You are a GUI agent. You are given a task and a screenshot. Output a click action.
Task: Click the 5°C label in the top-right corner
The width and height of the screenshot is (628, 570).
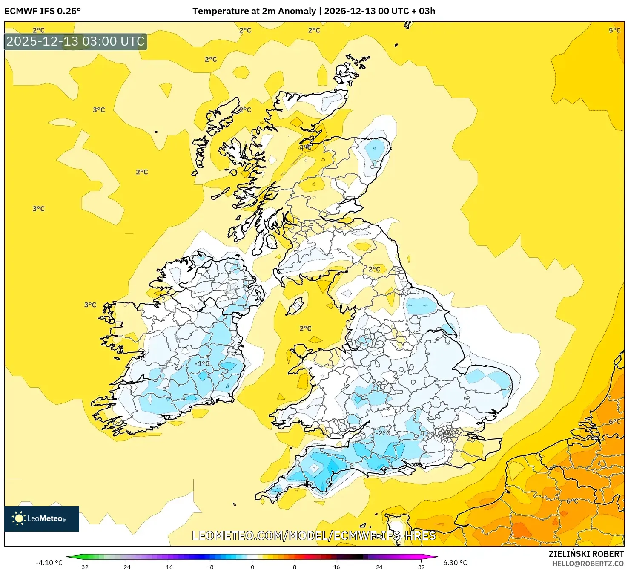614,30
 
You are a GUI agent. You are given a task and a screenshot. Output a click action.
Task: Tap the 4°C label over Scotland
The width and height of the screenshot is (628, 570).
305,147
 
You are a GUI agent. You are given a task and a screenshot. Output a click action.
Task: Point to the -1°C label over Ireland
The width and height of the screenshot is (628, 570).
202,363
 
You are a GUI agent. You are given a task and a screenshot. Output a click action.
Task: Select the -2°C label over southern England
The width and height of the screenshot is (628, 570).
382,433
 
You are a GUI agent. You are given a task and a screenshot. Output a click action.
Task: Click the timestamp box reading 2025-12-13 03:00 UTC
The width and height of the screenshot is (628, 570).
76,41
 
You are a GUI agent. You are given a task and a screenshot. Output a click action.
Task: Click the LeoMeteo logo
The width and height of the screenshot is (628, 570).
42,518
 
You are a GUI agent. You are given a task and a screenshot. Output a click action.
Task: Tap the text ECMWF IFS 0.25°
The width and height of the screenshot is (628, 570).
43,11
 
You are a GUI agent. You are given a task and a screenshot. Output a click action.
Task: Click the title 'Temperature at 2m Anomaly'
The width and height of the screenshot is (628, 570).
254,11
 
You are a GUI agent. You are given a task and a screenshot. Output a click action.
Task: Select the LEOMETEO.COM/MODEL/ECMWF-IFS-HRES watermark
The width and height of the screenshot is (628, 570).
314,535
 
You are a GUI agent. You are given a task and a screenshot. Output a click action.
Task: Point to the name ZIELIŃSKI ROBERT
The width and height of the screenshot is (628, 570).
586,554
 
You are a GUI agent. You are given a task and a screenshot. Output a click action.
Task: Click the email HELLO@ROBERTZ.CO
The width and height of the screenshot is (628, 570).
588,564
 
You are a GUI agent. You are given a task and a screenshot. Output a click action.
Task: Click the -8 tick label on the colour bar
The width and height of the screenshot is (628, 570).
210,567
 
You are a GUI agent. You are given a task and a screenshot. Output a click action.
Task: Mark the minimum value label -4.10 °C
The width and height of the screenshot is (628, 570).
49,563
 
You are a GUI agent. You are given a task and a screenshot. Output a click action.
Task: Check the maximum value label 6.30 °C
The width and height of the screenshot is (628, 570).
455,563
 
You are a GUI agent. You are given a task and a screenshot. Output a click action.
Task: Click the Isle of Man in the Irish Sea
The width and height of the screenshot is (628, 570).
295,305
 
